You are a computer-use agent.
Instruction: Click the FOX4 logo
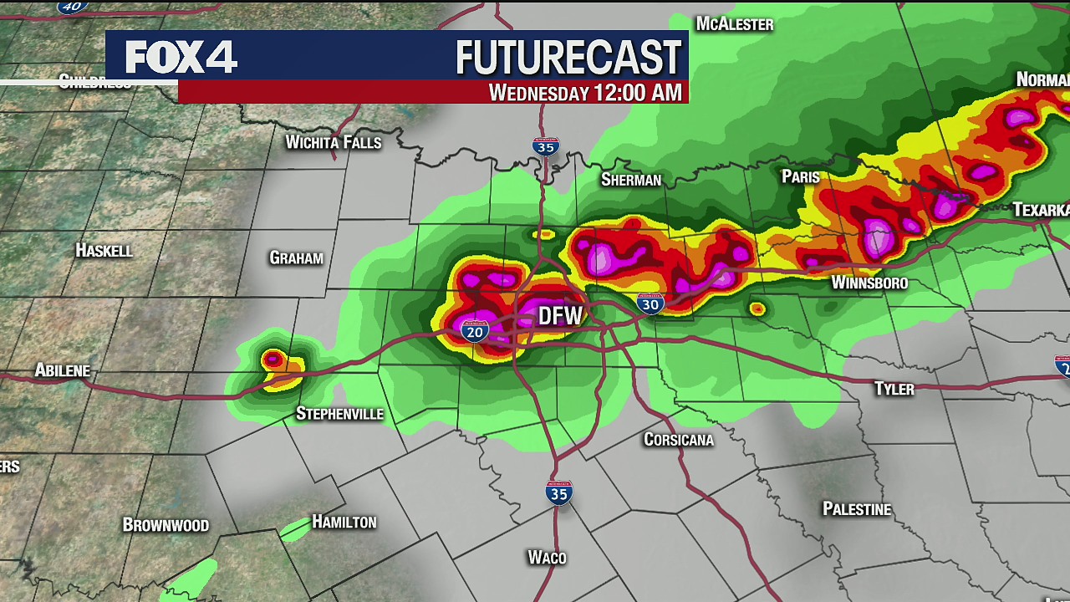(x=181, y=57)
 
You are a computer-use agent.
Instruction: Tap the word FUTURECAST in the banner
(x=568, y=58)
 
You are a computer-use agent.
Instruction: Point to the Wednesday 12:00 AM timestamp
(x=585, y=92)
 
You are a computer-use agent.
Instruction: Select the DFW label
(x=559, y=316)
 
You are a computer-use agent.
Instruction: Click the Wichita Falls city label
(x=333, y=142)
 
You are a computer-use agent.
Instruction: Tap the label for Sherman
(x=630, y=180)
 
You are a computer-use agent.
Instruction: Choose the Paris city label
(x=800, y=176)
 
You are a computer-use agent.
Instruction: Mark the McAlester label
(x=735, y=24)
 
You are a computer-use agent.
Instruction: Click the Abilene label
(x=62, y=370)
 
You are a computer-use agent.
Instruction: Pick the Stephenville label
(x=339, y=414)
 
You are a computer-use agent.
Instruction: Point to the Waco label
(x=547, y=558)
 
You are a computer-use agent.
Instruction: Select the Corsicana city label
(x=678, y=440)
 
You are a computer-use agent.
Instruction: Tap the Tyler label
(x=894, y=389)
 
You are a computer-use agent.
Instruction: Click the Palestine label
(x=856, y=509)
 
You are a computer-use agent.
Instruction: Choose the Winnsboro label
(x=869, y=283)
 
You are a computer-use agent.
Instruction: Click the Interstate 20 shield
(x=474, y=331)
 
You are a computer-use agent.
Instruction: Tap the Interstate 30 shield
(x=650, y=304)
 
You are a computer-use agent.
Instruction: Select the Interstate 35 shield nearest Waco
(x=558, y=492)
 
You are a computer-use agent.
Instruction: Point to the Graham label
(x=296, y=258)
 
